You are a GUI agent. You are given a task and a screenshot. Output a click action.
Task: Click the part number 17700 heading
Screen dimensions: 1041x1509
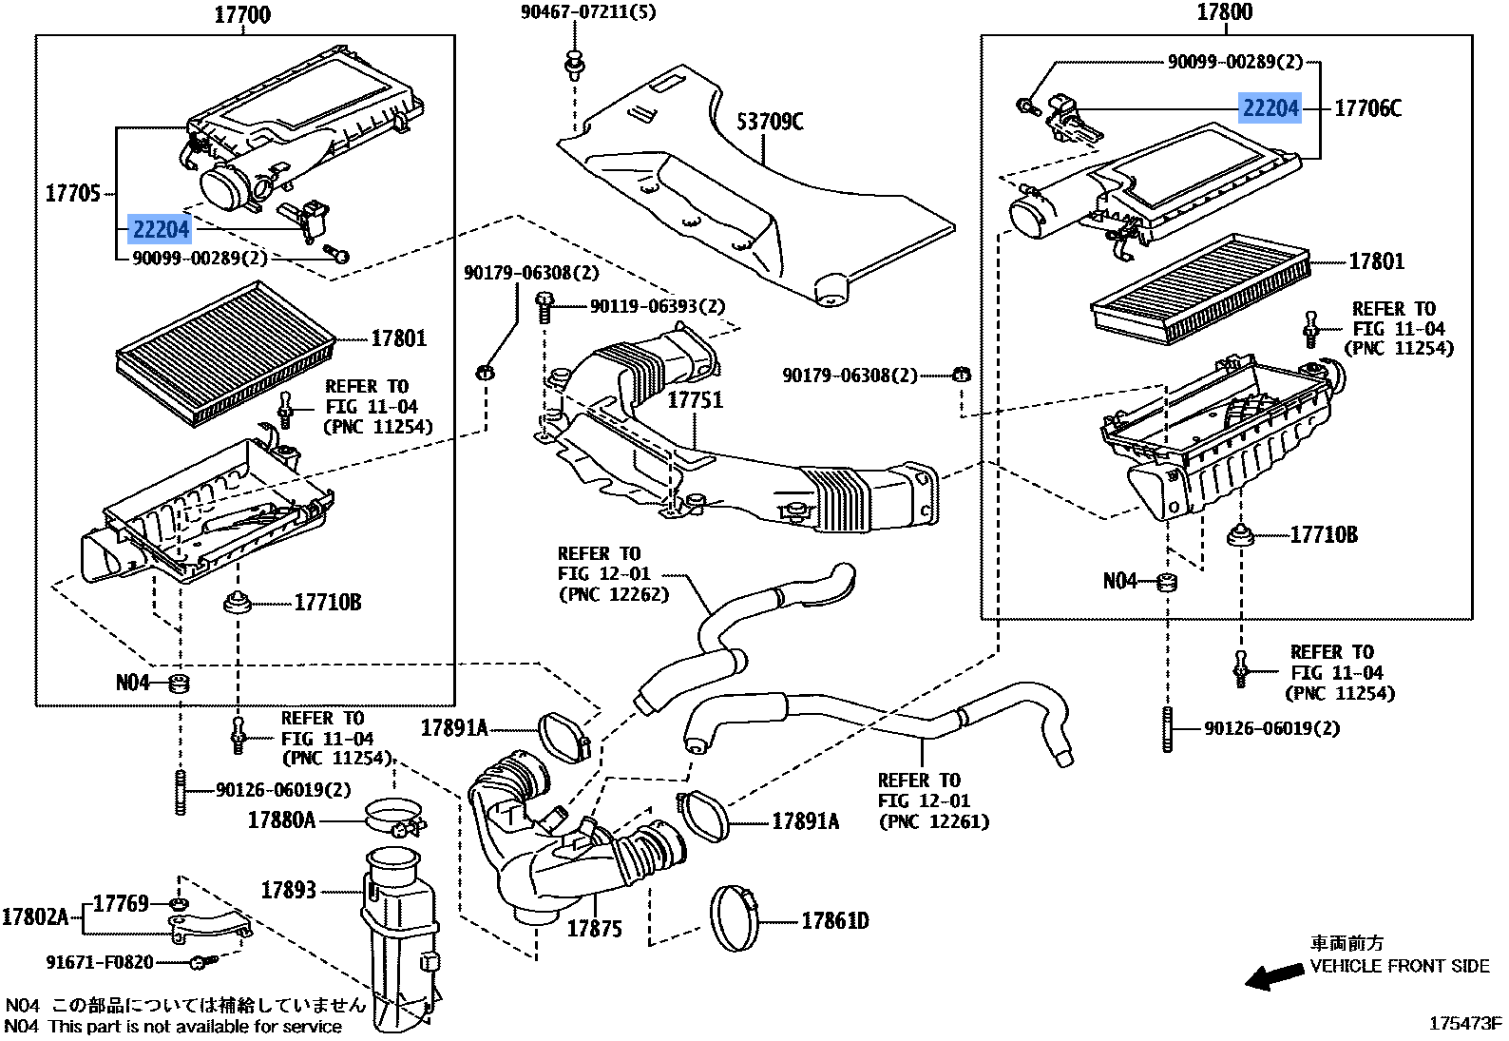241,13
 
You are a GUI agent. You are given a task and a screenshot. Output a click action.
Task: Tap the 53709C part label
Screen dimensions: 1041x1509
770,122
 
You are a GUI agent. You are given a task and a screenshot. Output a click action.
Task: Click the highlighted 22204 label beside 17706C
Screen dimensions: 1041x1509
1270,108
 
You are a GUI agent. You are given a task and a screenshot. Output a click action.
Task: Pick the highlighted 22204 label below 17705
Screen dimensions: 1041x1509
161,229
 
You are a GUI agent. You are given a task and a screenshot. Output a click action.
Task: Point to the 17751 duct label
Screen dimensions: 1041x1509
695,399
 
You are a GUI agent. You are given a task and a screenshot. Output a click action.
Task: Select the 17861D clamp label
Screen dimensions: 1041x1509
834,920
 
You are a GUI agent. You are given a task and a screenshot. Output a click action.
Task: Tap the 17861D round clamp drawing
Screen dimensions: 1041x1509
736,917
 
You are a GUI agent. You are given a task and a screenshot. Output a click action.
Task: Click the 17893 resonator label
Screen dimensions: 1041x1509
288,890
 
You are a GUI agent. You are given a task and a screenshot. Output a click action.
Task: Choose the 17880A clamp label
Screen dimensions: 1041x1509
281,819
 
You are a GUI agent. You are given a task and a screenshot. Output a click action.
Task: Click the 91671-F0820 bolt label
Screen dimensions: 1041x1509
99,962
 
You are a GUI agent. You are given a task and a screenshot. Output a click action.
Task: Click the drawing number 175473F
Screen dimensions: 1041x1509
1464,1024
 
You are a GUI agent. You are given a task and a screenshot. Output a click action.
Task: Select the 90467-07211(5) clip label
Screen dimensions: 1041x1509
587,12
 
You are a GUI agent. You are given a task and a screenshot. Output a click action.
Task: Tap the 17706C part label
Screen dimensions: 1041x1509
1367,108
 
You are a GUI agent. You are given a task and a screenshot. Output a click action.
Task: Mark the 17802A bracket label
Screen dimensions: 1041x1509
35,916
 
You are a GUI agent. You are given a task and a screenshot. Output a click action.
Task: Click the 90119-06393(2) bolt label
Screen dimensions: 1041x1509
657,306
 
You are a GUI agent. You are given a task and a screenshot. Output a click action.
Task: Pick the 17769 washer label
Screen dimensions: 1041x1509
121,902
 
